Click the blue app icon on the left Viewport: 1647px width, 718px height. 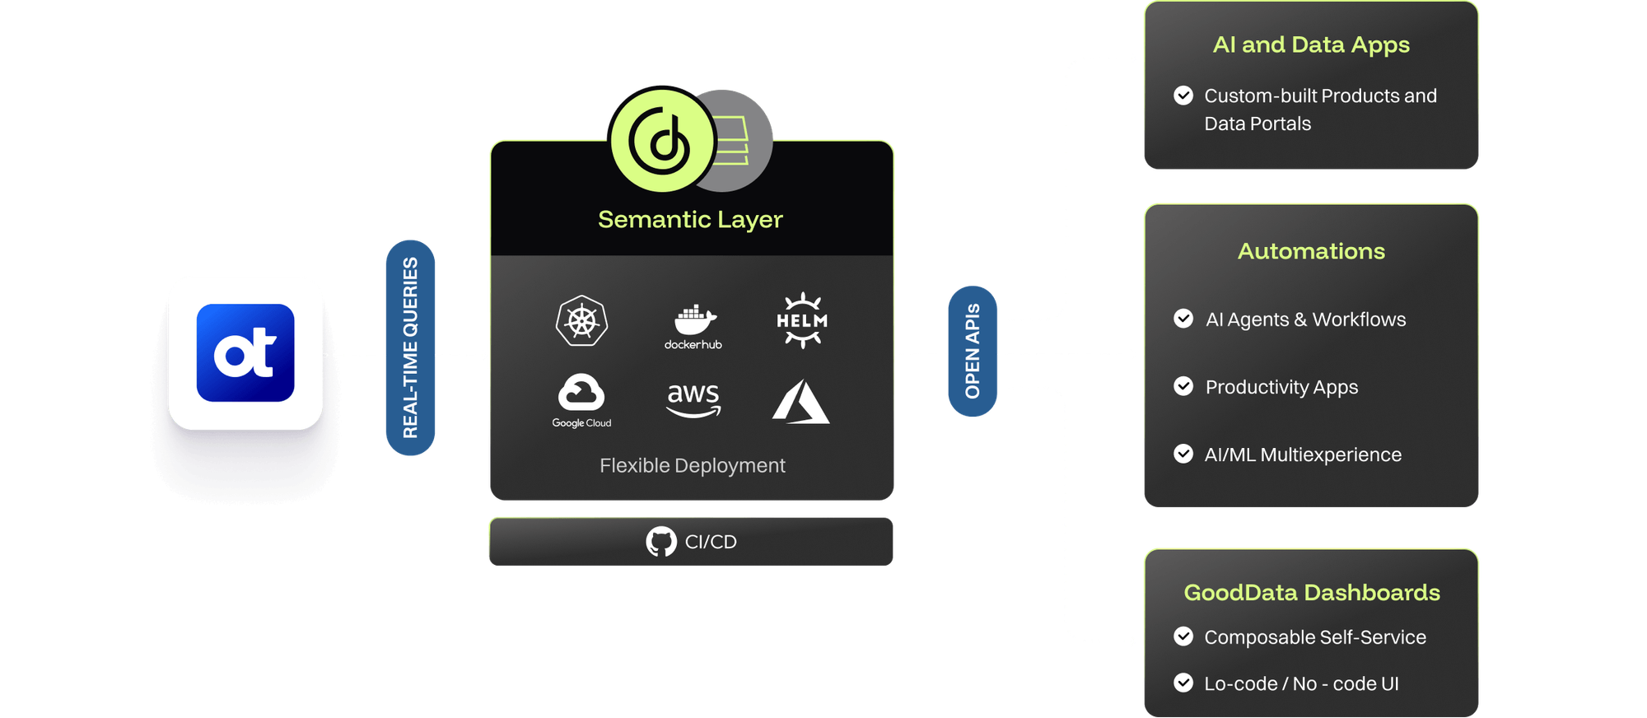pyautogui.click(x=245, y=352)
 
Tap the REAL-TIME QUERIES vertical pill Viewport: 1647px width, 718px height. pyautogui.click(x=410, y=347)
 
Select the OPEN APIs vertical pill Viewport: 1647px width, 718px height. pyautogui.click(x=973, y=351)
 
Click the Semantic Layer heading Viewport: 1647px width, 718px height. pyautogui.click(x=690, y=220)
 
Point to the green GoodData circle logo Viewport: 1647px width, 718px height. pyautogui.click(x=662, y=140)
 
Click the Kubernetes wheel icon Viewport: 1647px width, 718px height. pyautogui.click(x=581, y=321)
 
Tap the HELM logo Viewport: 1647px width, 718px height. pyautogui.click(x=802, y=320)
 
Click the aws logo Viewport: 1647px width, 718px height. pyautogui.click(x=693, y=399)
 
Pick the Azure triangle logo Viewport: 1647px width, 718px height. pyautogui.click(x=800, y=402)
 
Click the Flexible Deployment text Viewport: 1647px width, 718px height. pyautogui.click(x=692, y=466)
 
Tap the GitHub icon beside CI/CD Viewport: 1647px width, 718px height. pyautogui.click(x=661, y=542)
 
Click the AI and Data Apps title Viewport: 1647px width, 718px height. pyautogui.click(x=1311, y=45)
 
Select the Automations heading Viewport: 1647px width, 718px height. pyautogui.click(x=1311, y=251)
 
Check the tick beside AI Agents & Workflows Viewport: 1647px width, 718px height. pyautogui.click(x=1183, y=319)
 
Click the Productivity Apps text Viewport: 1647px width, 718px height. pyautogui.click(x=1281, y=387)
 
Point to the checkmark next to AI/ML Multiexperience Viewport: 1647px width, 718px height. pyautogui.click(x=1183, y=454)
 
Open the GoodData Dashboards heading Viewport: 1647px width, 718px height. pyautogui.click(x=1312, y=593)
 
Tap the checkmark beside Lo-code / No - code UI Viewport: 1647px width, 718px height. pyautogui.click(x=1183, y=683)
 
